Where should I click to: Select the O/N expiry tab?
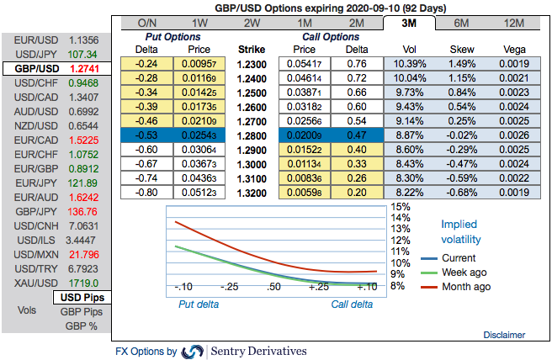click(147, 22)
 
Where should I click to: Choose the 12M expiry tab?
click(515, 22)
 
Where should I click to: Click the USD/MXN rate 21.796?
click(86, 251)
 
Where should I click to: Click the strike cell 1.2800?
click(254, 135)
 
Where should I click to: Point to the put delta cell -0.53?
click(148, 135)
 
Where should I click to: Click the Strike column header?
click(254, 50)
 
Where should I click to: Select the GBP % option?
click(82, 326)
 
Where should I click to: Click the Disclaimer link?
click(504, 335)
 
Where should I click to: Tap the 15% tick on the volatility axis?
click(401, 207)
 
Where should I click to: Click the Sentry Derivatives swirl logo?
click(194, 352)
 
